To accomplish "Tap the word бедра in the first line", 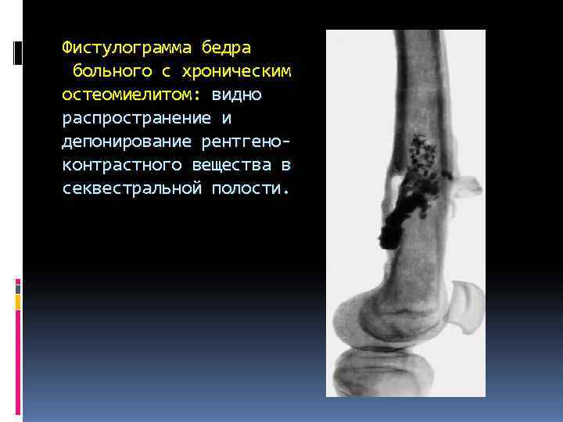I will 226,48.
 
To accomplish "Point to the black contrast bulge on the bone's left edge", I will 389,232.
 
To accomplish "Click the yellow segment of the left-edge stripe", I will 18,301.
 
